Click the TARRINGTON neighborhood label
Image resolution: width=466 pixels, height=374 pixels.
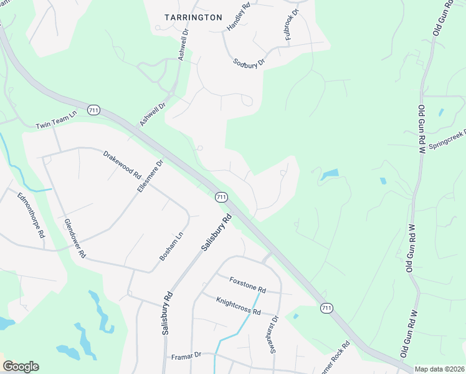pos(193,17)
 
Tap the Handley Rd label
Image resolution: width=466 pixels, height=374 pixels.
pos(239,17)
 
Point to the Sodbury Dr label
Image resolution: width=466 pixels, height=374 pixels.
pos(249,62)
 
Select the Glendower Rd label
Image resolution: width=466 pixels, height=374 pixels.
pos(74,239)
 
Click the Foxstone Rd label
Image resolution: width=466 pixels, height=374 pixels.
pos(247,285)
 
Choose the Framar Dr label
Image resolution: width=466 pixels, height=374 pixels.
pos(186,355)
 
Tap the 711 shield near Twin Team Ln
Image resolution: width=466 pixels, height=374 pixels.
pos(93,110)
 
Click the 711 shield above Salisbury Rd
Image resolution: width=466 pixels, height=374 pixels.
pos(221,197)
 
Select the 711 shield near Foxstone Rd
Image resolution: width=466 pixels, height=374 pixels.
pos(326,308)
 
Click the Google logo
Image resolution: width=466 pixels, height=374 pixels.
pos(21,367)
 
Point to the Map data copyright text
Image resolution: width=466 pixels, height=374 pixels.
pos(439,369)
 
